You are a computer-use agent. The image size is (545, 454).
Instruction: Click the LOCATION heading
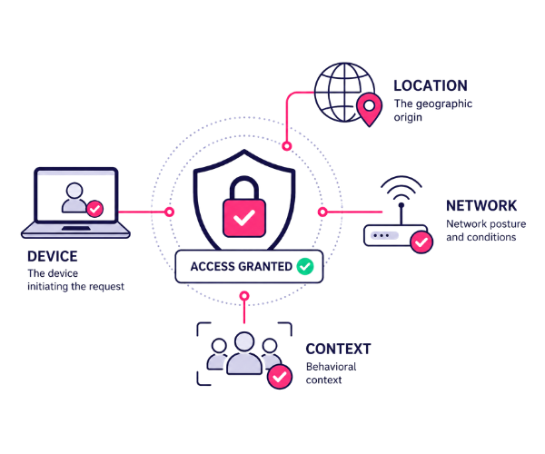tap(431, 85)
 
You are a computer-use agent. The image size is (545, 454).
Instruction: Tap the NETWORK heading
tap(481, 205)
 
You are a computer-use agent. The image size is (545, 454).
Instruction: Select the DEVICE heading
tap(53, 256)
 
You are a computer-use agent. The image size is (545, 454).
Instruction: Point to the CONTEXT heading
tap(338, 349)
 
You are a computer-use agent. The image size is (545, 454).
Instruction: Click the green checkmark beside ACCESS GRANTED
tap(305, 267)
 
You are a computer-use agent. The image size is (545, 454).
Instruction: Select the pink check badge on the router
tap(421, 242)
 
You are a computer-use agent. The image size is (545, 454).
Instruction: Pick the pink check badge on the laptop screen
tap(94, 209)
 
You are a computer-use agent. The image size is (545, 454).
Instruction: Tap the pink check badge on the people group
tap(280, 377)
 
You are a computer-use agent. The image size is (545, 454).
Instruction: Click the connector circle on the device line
tap(169, 212)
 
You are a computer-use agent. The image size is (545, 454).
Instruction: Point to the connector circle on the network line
tap(322, 212)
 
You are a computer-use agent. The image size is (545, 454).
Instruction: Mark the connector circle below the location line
tap(286, 146)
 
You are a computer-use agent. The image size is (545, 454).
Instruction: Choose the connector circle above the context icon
tap(244, 296)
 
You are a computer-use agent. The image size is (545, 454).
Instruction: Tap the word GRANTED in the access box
tap(265, 267)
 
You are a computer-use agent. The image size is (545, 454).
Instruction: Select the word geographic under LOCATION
tap(444, 104)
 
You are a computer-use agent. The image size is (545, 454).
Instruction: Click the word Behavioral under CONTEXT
tap(332, 367)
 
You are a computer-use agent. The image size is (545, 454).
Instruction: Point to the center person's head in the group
tap(244, 341)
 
